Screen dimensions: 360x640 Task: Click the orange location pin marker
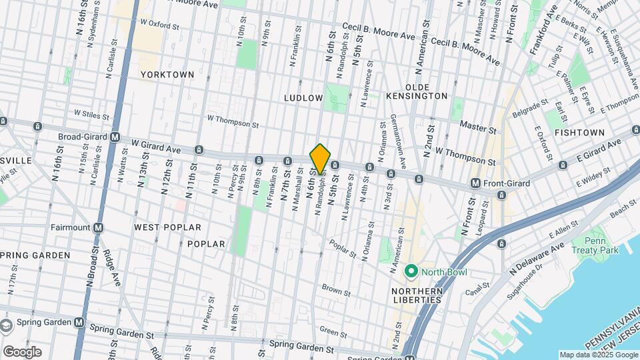coord(320,159)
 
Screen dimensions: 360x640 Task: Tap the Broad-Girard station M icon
coord(115,137)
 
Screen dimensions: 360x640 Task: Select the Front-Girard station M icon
coord(475,183)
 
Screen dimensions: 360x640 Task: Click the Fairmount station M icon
coord(99,227)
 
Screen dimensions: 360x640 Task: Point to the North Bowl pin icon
coord(411,271)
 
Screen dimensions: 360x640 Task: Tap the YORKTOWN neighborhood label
coord(167,75)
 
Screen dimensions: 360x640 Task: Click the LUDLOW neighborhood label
coord(303,97)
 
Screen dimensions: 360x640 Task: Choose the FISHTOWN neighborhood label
coord(579,133)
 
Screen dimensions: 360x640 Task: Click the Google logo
coord(21,352)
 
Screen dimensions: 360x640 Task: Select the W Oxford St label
coord(160,24)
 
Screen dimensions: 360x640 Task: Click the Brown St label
coord(336,291)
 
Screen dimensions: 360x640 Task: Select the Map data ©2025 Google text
coord(598,355)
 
